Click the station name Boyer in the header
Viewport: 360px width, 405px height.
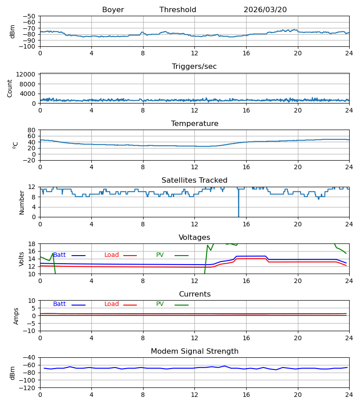point(113,10)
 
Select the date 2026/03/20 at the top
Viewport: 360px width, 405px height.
point(265,10)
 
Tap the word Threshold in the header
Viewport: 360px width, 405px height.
point(178,10)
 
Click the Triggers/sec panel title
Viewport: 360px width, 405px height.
point(194,67)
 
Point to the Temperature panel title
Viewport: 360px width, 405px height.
point(194,123)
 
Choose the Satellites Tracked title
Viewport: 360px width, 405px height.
point(194,180)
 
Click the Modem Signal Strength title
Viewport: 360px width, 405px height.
point(194,351)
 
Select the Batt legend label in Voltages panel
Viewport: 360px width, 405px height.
point(59,255)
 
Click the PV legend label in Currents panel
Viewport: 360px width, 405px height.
point(160,304)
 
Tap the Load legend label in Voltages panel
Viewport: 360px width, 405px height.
point(112,255)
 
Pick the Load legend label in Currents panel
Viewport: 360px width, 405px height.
point(112,304)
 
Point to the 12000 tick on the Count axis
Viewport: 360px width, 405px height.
point(26,74)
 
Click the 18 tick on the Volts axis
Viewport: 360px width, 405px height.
point(31,244)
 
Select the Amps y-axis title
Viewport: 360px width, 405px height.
point(16,316)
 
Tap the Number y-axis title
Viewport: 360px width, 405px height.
point(22,203)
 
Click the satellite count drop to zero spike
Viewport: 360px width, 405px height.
point(238,203)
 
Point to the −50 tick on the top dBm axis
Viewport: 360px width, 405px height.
point(29,16)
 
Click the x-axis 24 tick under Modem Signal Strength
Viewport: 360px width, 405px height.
point(349,395)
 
